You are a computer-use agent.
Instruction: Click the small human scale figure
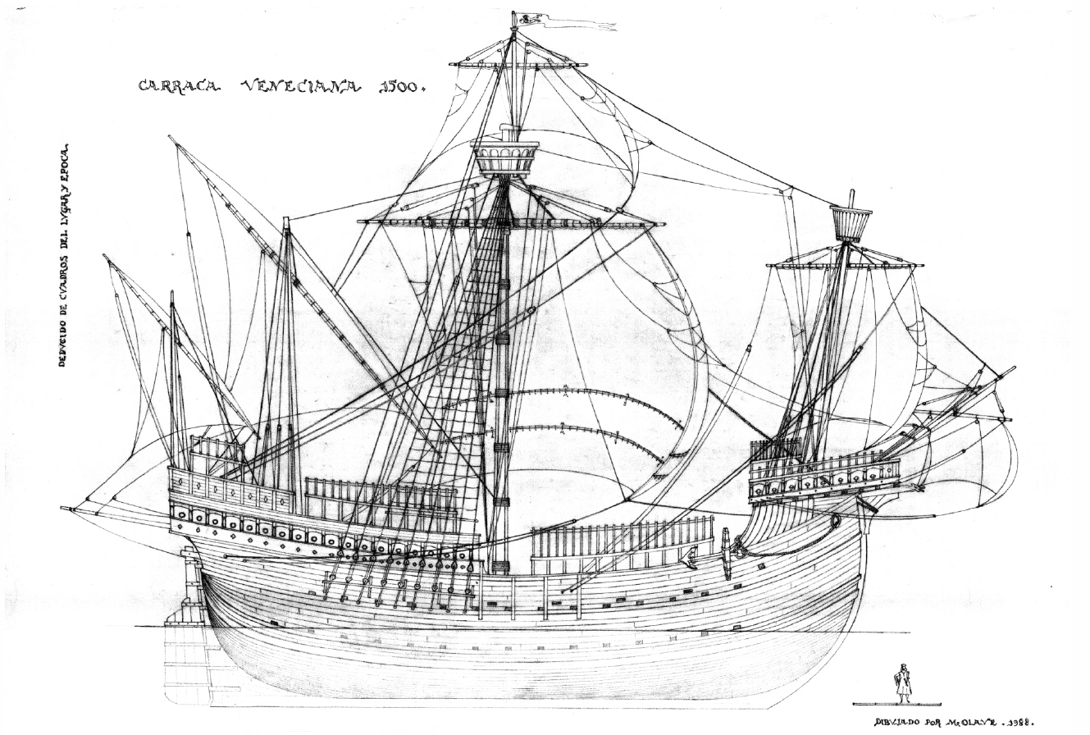[902, 682]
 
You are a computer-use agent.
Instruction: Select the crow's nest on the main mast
[506, 158]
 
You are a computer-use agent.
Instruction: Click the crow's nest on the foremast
[851, 222]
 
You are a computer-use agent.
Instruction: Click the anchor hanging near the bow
[725, 553]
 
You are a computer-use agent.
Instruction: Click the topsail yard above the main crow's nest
[518, 65]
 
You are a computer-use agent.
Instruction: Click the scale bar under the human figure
[896, 704]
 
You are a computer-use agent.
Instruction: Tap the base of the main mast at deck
[499, 567]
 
